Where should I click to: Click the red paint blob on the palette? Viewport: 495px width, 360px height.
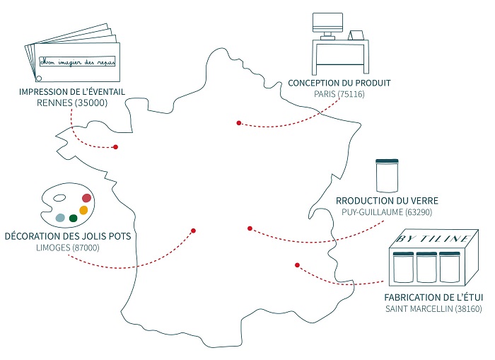point(87,198)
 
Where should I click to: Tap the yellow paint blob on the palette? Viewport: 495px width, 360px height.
point(83,210)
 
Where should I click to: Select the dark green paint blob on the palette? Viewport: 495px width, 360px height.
point(73,218)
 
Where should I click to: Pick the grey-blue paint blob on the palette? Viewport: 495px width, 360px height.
point(61,217)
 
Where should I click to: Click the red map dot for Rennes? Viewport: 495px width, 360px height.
point(116,147)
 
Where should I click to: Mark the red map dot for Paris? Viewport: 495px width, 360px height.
point(239,123)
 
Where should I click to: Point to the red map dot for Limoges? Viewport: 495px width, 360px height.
point(193,230)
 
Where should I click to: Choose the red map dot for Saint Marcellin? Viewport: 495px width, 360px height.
point(297,265)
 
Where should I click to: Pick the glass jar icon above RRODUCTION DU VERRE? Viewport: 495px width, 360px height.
point(386,176)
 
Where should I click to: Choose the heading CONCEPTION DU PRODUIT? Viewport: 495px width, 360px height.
point(339,83)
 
